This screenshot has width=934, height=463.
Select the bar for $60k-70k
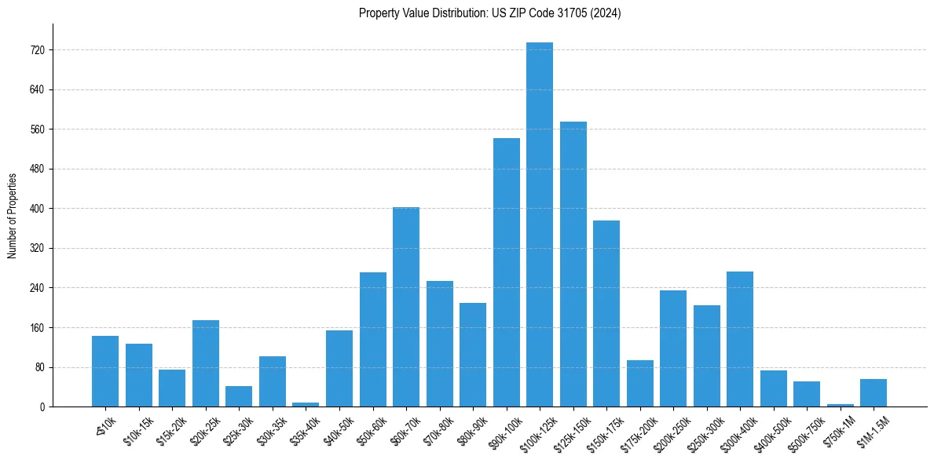406,307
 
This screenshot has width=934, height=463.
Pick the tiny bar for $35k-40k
306,404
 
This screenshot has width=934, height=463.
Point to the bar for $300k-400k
740,339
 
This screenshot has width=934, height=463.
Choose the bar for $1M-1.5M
874,393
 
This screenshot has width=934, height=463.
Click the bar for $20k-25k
206,363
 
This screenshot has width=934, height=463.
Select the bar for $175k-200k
640,384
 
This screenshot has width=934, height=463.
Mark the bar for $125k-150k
573,264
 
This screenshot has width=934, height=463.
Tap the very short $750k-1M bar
841,405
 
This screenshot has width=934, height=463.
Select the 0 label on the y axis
42,407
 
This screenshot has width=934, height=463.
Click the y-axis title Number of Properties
13,215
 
